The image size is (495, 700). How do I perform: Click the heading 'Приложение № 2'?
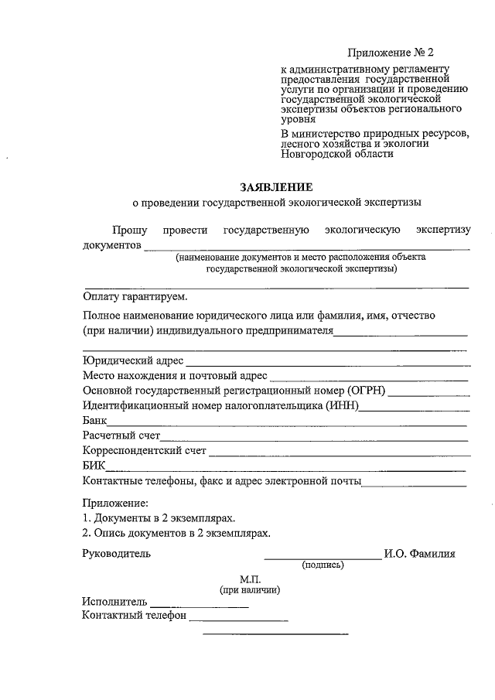pos(391,53)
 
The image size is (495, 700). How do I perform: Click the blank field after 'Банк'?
pos(286,425)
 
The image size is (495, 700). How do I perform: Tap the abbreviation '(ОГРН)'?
pos(369,391)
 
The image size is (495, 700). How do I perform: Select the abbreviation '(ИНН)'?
pos(343,406)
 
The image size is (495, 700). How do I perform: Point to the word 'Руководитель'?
pos(117,553)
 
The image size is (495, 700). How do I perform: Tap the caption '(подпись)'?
pos(323,565)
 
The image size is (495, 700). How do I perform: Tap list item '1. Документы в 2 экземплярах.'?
pos(159,517)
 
